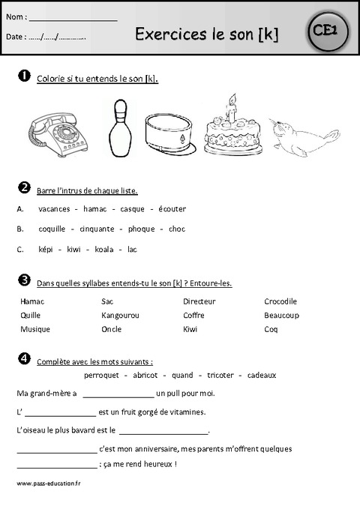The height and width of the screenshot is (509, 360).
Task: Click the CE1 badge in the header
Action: (x=324, y=31)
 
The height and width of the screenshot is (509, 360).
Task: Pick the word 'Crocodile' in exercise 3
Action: (x=280, y=301)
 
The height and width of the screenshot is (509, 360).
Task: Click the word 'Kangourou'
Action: (x=120, y=315)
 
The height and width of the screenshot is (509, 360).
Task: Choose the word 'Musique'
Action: (x=35, y=328)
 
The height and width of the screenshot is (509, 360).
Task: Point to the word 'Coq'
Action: (x=271, y=328)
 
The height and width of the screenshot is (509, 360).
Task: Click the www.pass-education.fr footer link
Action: (x=48, y=484)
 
